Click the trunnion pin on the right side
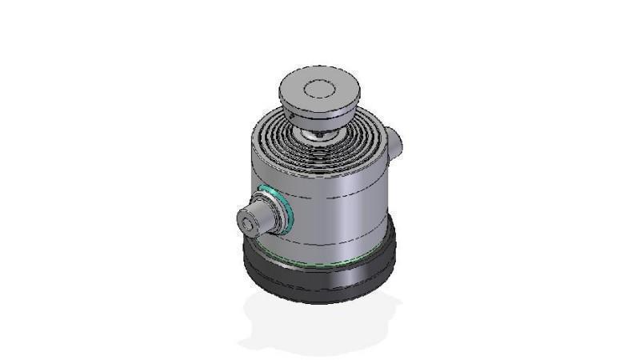(x=396, y=142)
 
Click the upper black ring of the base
(x=320, y=269)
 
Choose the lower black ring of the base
(x=320, y=293)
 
